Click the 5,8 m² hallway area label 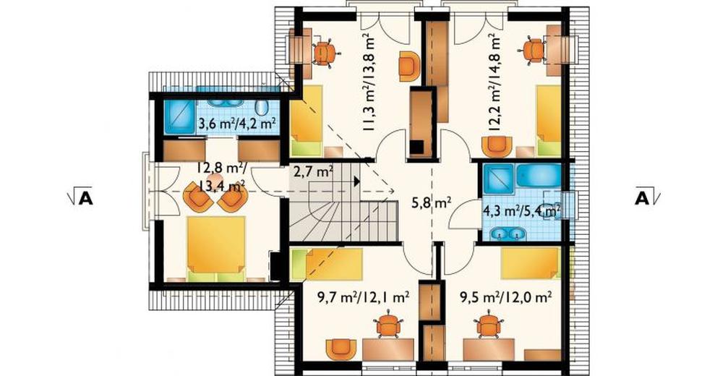(x=432, y=202)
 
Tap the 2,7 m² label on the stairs (x=313, y=173)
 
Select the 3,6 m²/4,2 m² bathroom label (x=238, y=124)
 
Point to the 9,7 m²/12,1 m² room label (x=357, y=297)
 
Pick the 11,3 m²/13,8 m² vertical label (x=369, y=82)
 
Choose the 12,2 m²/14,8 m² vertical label (x=495, y=84)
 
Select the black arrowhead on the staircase (x=356, y=181)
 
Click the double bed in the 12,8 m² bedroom (x=216, y=249)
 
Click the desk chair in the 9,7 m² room (x=388, y=325)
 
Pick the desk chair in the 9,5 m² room (x=489, y=325)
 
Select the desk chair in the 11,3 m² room (x=324, y=54)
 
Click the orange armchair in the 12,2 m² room (x=497, y=146)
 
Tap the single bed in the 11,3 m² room (x=307, y=120)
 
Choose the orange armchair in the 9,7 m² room (x=341, y=349)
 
